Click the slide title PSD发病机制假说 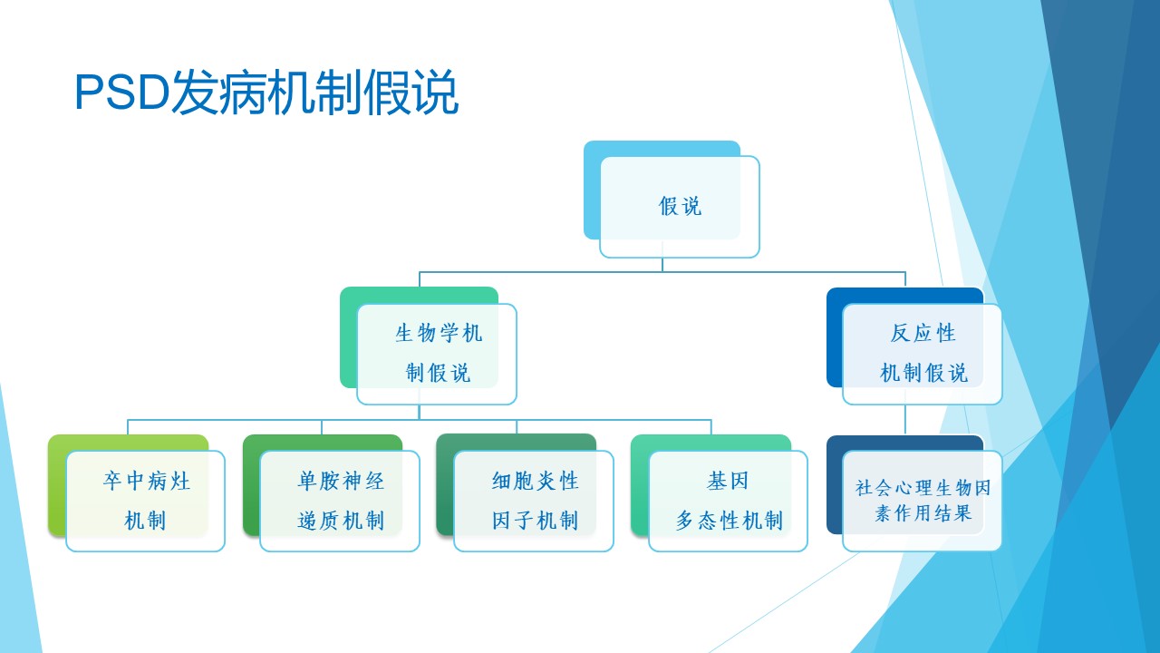(x=266, y=93)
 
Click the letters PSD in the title (x=122, y=93)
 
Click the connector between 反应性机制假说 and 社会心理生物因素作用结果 (x=905, y=419)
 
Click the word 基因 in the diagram (x=728, y=481)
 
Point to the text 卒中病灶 (x=146, y=481)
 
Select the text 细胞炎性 (x=535, y=481)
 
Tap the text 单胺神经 (x=341, y=481)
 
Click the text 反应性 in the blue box (x=923, y=333)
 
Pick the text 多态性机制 (x=729, y=521)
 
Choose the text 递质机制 (x=341, y=521)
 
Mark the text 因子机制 (x=535, y=521)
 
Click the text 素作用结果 (x=923, y=513)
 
